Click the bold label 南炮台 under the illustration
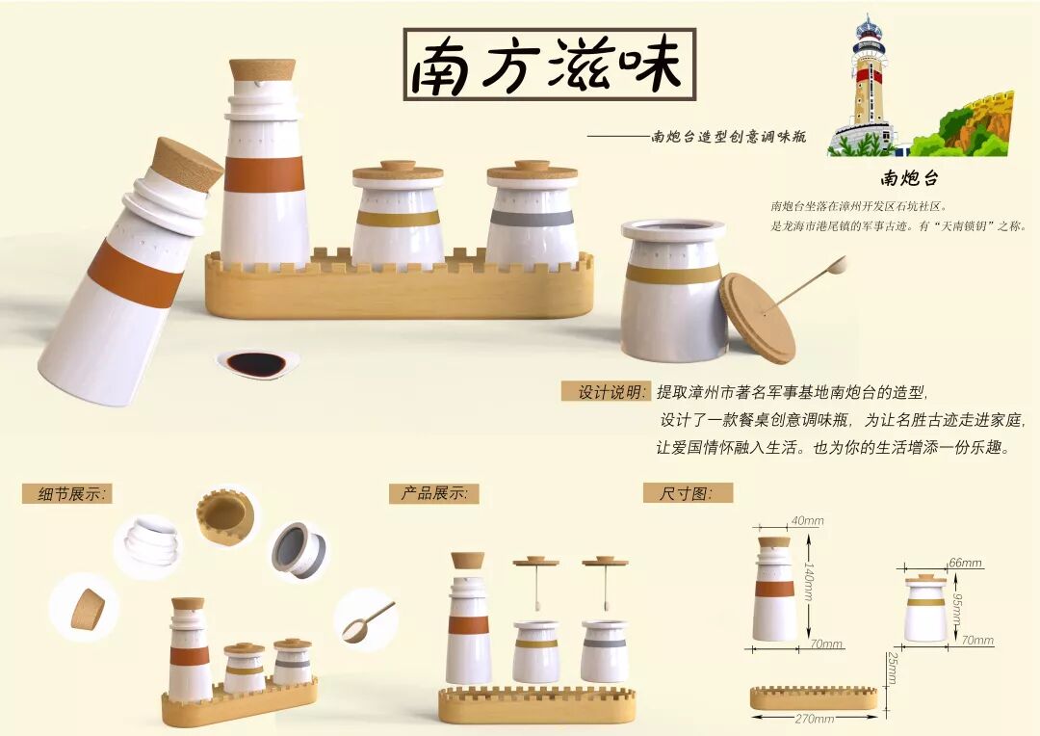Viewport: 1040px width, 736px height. tap(909, 178)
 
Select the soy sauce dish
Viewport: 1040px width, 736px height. tap(257, 364)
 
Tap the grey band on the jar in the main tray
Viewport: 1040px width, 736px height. tap(532, 219)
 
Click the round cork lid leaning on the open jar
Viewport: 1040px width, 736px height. tap(758, 318)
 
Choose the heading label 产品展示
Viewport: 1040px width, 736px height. tap(434, 493)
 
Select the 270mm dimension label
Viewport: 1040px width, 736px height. tap(814, 719)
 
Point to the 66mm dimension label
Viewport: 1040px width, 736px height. tap(965, 563)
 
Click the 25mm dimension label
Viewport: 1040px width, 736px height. tap(893, 668)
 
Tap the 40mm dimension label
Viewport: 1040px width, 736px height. tap(807, 521)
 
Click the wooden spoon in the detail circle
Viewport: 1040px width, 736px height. tap(367, 622)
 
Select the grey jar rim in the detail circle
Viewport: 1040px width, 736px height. tap(299, 549)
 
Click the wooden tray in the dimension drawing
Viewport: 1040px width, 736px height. tap(814, 697)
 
